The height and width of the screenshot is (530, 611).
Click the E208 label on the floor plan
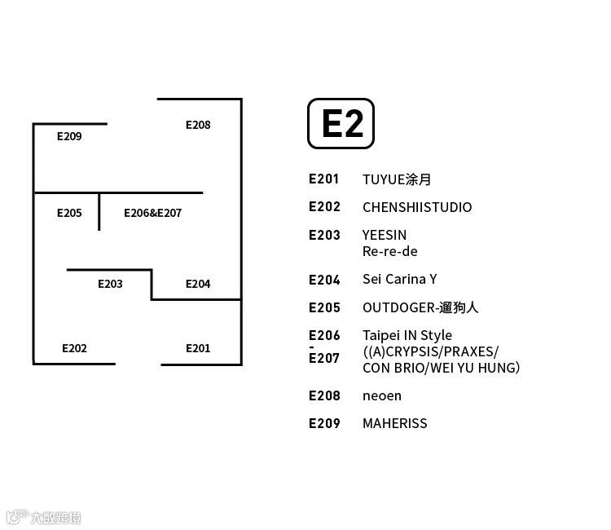[198, 125]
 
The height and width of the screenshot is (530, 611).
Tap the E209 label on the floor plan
[69, 136]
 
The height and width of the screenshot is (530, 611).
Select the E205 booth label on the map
[69, 213]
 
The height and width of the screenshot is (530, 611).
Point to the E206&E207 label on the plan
[152, 213]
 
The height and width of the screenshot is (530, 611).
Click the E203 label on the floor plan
[110, 284]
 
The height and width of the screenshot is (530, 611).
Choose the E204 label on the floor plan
[198, 284]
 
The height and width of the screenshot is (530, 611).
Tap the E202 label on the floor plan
[74, 348]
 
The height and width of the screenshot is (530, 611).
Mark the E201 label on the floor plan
[198, 348]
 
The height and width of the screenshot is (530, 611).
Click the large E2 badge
[341, 124]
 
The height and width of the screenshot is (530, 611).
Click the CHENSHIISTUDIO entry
[417, 207]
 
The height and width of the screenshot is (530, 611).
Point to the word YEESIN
[385, 235]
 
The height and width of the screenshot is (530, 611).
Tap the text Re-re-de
[390, 251]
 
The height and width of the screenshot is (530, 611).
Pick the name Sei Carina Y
[400, 279]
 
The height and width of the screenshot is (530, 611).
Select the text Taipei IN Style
[407, 335]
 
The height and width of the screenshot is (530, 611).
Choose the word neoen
[382, 395]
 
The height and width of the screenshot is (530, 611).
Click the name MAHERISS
[395, 423]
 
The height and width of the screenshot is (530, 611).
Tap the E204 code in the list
[324, 280]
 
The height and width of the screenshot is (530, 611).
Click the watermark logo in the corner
[43, 517]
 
